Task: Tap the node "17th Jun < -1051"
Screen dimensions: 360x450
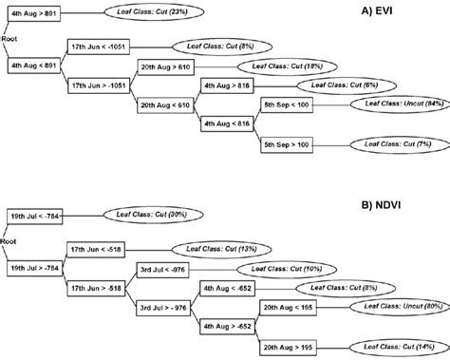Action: [98, 45]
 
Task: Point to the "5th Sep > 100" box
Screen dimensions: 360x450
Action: [287, 143]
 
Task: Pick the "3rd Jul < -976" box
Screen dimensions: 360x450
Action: [162, 268]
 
